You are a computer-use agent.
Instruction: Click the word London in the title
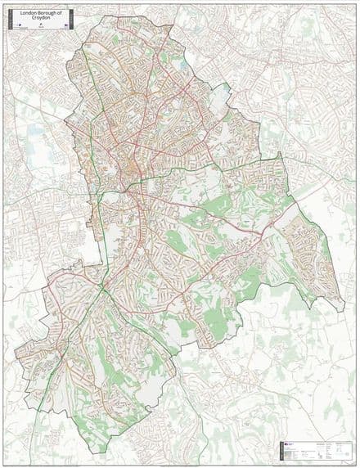(x=27, y=12)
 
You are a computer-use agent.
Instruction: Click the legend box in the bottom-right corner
(x=315, y=449)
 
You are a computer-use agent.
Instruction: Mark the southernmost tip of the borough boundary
(x=108, y=453)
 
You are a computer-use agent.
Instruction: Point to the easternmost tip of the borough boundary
(x=344, y=311)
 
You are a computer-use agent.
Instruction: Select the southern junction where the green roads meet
(x=105, y=287)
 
